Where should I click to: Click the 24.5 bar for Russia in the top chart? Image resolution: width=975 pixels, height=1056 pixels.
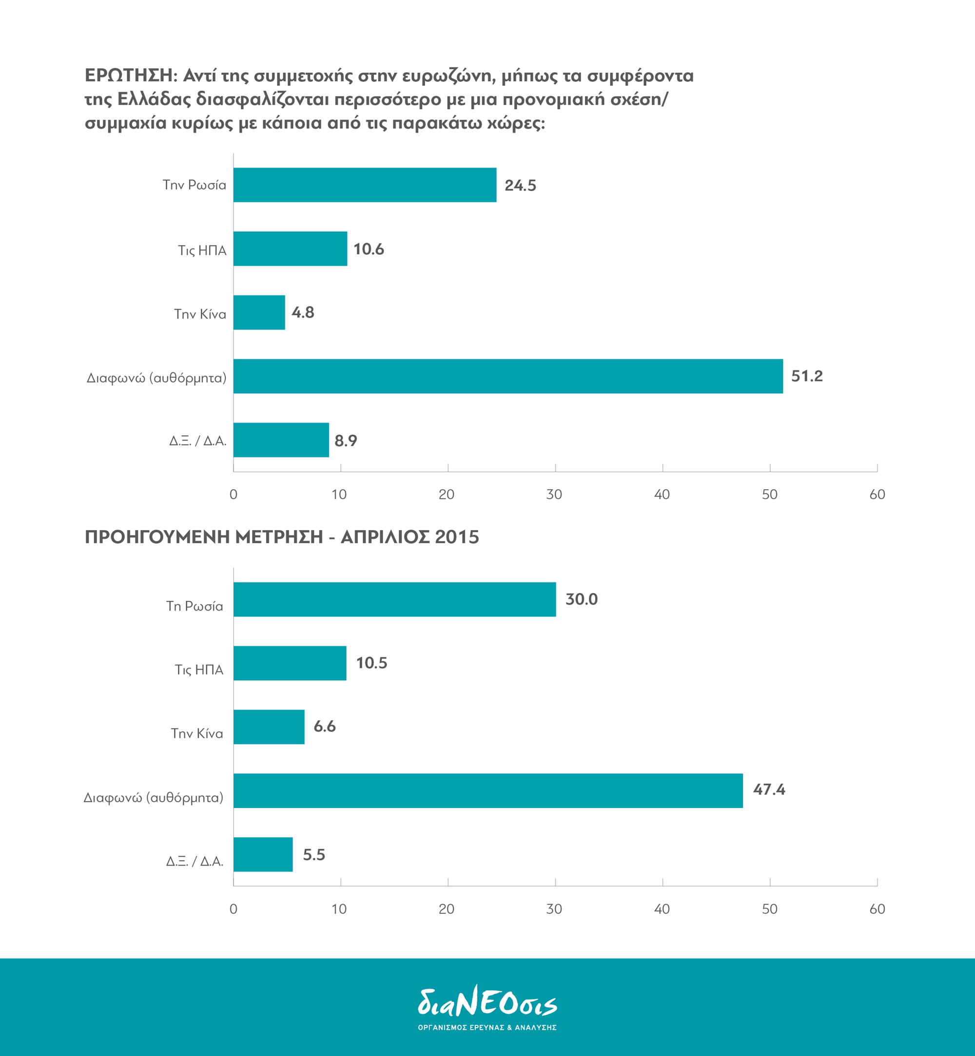coord(365,185)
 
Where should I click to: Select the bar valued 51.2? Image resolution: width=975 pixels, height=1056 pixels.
coord(508,376)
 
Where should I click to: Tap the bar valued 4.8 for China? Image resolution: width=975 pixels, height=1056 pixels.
coord(259,312)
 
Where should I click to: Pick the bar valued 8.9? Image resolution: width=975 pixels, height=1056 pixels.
coord(281,440)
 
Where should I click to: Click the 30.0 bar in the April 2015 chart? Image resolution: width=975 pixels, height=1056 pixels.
coord(395,599)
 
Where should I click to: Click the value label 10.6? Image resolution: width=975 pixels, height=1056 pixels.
coord(368,249)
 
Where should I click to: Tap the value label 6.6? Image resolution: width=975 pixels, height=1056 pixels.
coord(325,726)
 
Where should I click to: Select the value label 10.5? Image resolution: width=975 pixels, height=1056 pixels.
coord(371,663)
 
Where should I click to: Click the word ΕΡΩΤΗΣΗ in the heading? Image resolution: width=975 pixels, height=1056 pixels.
coord(129,76)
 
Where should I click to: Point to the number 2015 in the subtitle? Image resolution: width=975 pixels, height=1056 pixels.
coord(457,537)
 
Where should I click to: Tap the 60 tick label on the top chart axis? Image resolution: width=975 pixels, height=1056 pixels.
coord(877,494)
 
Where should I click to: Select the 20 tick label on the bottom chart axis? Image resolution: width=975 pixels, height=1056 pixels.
coord(447,909)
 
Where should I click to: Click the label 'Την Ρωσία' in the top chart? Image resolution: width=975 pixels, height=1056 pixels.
coord(194,185)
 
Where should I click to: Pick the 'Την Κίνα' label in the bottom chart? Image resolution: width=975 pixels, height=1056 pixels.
coord(197,734)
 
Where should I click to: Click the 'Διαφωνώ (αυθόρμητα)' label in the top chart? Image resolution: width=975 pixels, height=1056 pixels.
coord(156,378)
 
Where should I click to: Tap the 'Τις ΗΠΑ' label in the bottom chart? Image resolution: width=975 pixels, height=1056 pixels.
coord(199,670)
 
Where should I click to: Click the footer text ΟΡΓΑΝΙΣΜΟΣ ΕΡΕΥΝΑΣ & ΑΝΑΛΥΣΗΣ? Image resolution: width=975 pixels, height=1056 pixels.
coord(487,1028)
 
